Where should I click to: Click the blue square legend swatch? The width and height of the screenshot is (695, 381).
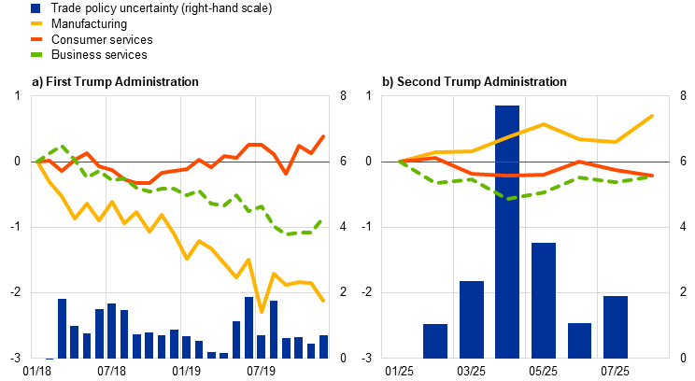[35, 8]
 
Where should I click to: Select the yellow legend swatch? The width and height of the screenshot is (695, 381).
[35, 23]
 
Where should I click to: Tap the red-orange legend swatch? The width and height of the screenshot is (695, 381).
[35, 39]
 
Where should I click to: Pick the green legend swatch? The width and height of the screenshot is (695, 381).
[35, 54]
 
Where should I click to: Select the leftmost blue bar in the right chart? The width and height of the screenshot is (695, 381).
[435, 341]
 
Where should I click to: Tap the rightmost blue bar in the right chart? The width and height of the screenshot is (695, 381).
[616, 327]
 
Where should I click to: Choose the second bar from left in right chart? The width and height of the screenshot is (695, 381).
[472, 319]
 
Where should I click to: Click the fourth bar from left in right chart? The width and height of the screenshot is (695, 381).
[544, 300]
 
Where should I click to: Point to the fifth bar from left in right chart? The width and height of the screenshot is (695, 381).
[580, 340]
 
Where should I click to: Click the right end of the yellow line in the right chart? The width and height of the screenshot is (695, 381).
[652, 116]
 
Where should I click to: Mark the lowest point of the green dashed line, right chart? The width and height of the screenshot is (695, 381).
[507, 199]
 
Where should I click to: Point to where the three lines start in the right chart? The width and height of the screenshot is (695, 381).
[400, 162]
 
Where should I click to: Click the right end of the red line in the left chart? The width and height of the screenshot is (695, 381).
[324, 136]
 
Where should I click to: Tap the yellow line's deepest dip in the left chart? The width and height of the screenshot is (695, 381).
[262, 311]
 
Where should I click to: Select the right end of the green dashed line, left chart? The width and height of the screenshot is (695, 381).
[321, 221]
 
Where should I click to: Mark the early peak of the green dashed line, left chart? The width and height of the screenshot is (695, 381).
[63, 146]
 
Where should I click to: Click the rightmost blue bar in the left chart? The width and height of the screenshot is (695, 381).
[324, 346]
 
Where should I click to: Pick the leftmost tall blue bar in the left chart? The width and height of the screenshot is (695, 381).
[63, 328]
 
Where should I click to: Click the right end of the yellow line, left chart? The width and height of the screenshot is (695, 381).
[323, 301]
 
